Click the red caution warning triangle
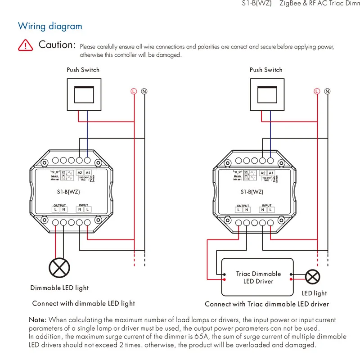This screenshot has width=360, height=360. coord(26,45)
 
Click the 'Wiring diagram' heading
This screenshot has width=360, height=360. coord(50,26)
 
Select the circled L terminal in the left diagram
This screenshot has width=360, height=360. coord(134,91)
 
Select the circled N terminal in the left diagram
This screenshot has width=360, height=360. coord(144,91)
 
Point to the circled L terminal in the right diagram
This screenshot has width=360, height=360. coord(317,91)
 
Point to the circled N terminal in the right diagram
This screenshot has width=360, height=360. coord(328,91)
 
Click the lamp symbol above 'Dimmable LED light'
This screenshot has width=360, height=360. coord(59,268)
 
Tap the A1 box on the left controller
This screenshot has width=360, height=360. coord(88,173)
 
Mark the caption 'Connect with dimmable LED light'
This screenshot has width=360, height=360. coord(84,303)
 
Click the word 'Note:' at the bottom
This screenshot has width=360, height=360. coord(38,320)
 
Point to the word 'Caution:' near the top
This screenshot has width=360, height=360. coord(57,45)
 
